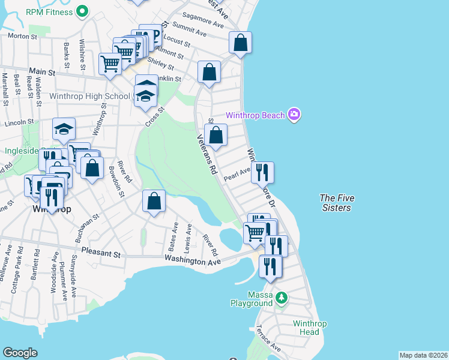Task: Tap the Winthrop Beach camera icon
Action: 294,115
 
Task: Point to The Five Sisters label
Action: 335,202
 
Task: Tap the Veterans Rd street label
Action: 206,154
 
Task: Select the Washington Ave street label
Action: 192,259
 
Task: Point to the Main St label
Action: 43,72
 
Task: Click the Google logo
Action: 20,353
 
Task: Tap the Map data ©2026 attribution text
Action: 423,355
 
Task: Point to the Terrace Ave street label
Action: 268,339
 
